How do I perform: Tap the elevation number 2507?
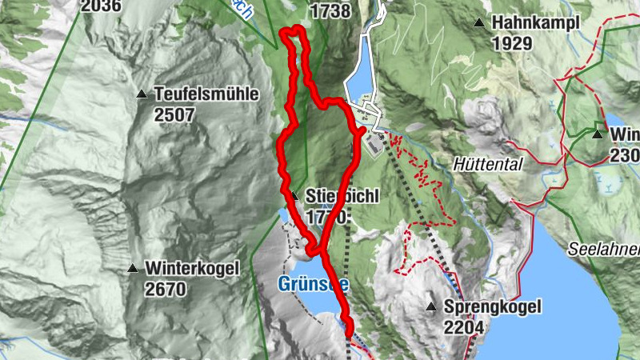pos(174,114)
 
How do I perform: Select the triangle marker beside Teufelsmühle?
pos(142,94)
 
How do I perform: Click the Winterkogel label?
pos(192,269)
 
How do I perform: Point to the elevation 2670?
pos(166,289)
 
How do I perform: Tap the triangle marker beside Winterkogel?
pos(133,269)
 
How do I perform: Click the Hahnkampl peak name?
pos(535,23)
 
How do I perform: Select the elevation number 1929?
pos(512,43)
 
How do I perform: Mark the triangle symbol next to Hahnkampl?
pos(480,23)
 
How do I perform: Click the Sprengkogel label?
pos(494,306)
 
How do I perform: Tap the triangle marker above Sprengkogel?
pos(431,306)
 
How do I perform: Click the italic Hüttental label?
pos(487,163)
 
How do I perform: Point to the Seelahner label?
pos(605,250)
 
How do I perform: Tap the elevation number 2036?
pos(101,6)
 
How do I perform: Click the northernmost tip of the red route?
pos(294,29)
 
